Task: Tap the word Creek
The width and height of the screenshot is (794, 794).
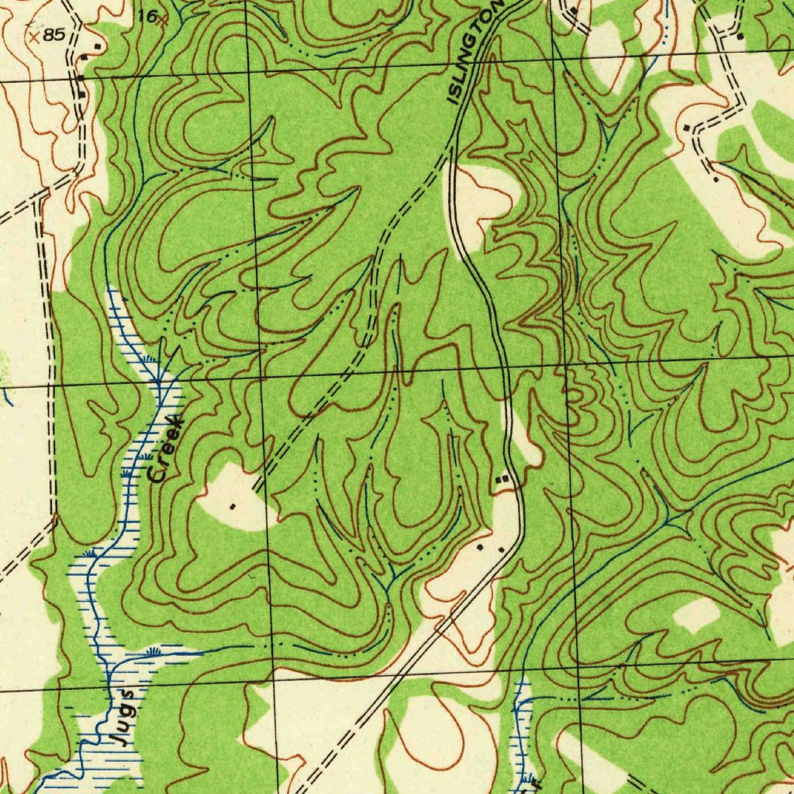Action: [x=166, y=450]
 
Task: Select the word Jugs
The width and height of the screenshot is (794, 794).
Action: [x=123, y=717]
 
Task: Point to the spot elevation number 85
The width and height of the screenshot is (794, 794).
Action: [x=54, y=36]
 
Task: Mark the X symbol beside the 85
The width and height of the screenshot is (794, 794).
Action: [x=33, y=36]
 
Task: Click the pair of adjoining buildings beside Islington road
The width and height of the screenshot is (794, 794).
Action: [x=504, y=481]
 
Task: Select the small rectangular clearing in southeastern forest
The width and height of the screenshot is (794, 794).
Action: [x=696, y=614]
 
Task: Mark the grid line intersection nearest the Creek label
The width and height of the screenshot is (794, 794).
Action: [x=262, y=375]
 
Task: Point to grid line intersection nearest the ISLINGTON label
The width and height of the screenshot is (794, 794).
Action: [x=554, y=56]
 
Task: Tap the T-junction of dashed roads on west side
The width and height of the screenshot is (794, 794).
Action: [x=39, y=200]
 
